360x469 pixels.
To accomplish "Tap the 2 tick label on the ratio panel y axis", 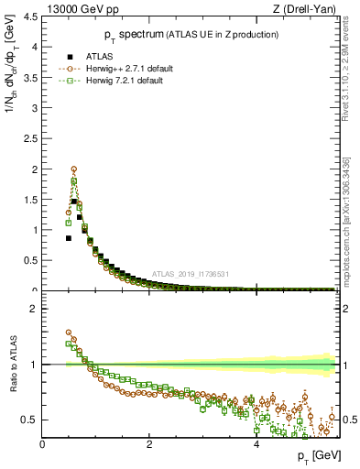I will click(x=33, y=309).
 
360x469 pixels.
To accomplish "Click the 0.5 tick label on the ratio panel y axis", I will click(x=29, y=420).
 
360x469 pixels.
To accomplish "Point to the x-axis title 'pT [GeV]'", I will click(x=318, y=455).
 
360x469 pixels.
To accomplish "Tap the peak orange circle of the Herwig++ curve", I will click(x=73, y=169).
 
